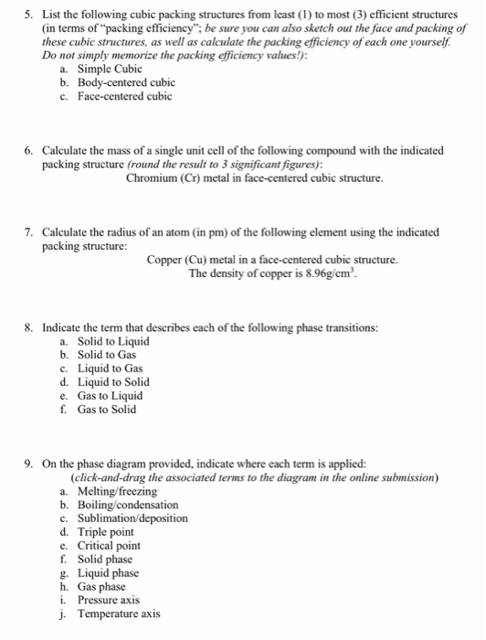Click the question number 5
click(28, 14)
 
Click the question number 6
click(28, 150)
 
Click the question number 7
click(28, 232)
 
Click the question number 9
click(28, 464)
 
